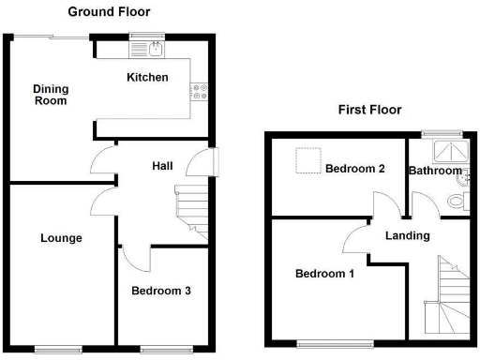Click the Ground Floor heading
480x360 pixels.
click(x=109, y=11)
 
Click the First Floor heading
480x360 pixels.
click(x=369, y=110)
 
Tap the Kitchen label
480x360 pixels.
click(x=147, y=77)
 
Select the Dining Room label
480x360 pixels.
click(x=51, y=95)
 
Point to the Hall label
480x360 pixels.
click(x=163, y=165)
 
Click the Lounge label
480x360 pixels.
click(x=61, y=238)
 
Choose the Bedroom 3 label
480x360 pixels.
click(x=160, y=291)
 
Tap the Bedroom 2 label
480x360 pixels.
click(x=354, y=170)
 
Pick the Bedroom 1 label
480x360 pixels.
click(x=324, y=274)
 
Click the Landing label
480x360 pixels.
click(x=407, y=235)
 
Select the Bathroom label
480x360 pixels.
click(x=435, y=171)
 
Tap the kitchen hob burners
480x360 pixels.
click(x=200, y=91)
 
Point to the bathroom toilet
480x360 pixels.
click(x=457, y=201)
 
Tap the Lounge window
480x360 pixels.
click(x=57, y=349)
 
